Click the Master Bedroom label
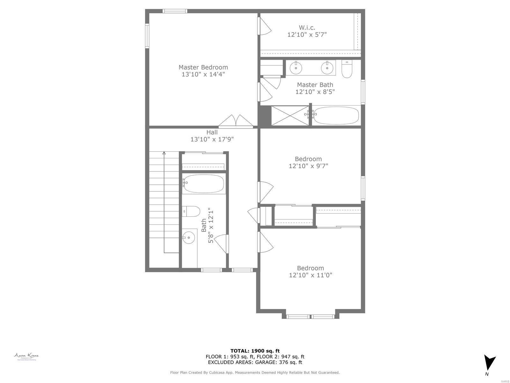point(203,67)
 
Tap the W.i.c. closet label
point(307,28)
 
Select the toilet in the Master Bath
point(346,69)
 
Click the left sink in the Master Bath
point(296,67)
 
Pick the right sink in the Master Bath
point(327,67)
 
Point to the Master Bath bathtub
point(336,115)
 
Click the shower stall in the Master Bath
point(290,115)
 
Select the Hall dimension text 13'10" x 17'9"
point(212,139)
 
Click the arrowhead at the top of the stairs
point(164,154)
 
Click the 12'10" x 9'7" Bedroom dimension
point(308,166)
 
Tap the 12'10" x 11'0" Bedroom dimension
point(310,275)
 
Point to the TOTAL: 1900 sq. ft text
point(255,351)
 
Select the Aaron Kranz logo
point(26,357)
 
